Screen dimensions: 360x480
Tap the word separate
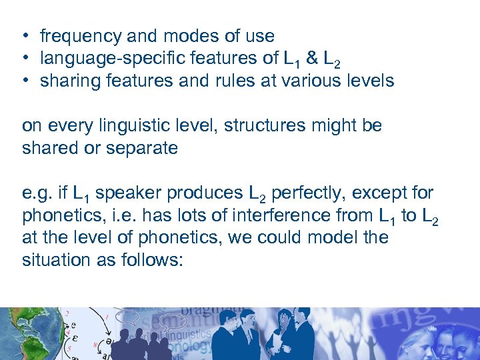(145, 148)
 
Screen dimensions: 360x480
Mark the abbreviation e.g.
(35, 194)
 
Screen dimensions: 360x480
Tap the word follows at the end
(151, 260)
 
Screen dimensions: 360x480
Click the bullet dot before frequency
(23, 36)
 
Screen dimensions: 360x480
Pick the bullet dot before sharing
(23, 81)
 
